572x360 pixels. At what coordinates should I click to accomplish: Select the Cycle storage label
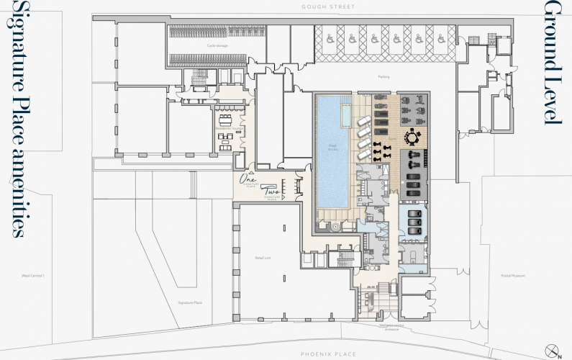pos(217,45)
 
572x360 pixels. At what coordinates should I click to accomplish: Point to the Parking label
pos(383,76)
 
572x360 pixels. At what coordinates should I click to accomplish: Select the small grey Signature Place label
pos(190,302)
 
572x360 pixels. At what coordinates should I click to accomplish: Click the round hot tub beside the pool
pos(335,225)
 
